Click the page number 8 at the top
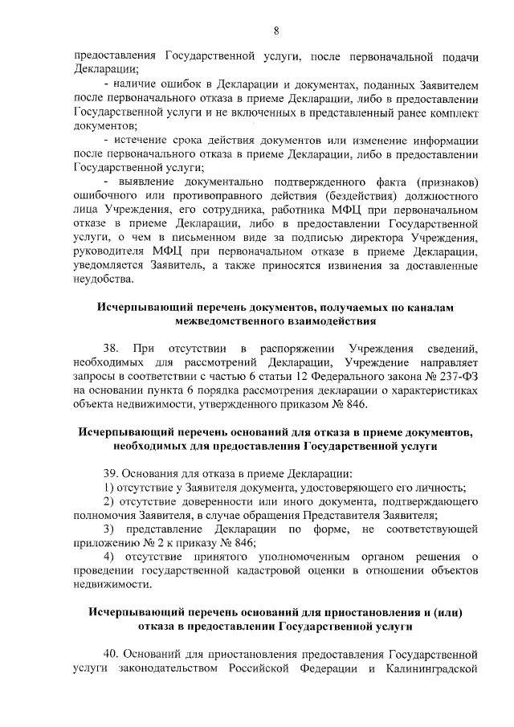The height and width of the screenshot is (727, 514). tap(275, 31)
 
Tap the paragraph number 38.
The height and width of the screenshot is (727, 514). tap(112, 349)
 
